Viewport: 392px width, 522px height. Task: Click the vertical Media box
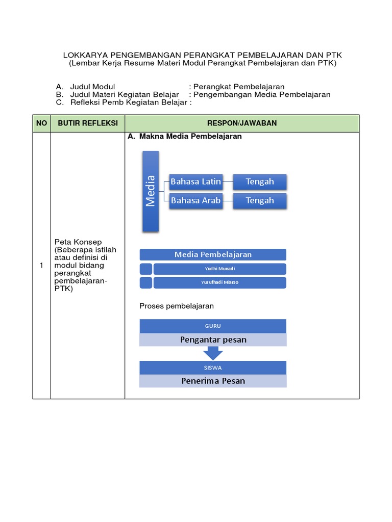tap(151, 191)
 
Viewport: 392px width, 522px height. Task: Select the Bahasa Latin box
tap(195, 181)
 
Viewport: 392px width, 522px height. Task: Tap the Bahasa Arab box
tap(195, 200)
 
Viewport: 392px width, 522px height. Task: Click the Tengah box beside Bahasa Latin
tap(260, 181)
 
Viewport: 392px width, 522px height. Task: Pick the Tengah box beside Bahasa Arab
tap(260, 200)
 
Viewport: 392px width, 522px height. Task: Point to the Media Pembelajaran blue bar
tap(213, 254)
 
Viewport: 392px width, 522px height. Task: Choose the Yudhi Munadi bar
tap(219, 269)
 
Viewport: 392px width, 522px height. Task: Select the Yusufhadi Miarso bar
tap(219, 282)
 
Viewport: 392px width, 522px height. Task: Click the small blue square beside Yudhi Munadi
tap(145, 269)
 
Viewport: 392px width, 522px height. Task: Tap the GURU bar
tap(213, 326)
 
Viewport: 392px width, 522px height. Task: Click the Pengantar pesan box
tap(213, 340)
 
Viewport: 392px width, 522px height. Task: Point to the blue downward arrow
tap(213, 353)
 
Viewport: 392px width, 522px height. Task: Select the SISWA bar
tap(213, 367)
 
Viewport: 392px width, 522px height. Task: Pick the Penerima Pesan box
tap(213, 381)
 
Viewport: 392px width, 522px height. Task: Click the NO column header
tap(41, 123)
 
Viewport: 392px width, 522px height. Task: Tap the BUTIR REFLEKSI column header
tap(88, 123)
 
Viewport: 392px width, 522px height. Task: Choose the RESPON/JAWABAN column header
tap(242, 123)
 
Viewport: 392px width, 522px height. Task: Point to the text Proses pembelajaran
tap(177, 306)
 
